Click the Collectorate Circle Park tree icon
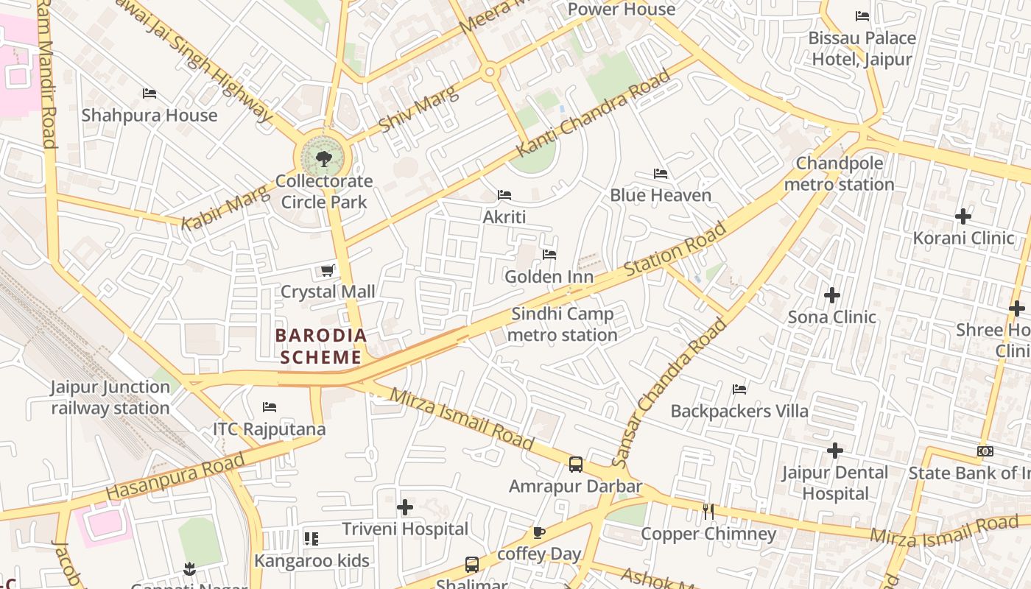coord(323,158)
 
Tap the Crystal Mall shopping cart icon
coord(328,271)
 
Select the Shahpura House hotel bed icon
coord(149,94)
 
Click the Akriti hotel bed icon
coord(504,195)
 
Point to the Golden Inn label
coord(549,277)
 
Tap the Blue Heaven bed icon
coord(661,174)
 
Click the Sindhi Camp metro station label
coord(563,325)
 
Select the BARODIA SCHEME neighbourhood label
coord(320,346)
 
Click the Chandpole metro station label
coord(840,174)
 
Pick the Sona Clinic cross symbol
coord(832,295)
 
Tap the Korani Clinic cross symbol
coord(963,216)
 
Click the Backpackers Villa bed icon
coord(739,389)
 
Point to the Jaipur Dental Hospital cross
coord(835,450)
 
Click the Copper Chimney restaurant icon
coord(708,511)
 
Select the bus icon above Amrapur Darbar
coord(576,465)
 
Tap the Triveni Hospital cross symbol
coord(405,507)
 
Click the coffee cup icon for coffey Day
coord(539,532)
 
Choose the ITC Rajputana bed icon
coord(270,407)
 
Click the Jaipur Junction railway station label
coord(110,398)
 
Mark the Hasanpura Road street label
coord(175,477)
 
